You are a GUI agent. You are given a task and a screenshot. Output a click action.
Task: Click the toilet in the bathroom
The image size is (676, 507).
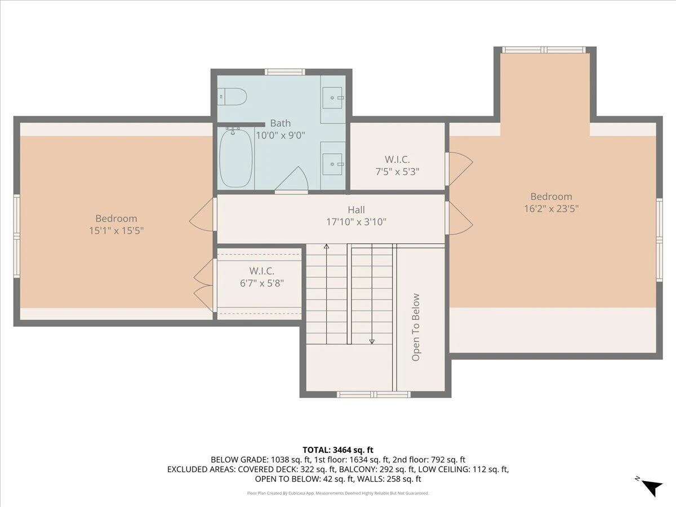coord(232,97)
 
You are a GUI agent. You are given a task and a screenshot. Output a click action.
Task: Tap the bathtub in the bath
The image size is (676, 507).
coord(236,158)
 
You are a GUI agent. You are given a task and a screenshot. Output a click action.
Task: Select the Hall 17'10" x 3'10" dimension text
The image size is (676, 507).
coord(357,216)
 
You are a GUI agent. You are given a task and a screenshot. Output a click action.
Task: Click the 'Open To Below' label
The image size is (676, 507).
coord(416,327)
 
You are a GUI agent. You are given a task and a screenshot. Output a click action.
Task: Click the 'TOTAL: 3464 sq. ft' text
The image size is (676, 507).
coord(338,450)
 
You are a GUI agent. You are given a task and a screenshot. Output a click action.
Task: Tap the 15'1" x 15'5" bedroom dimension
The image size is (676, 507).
coord(117,230)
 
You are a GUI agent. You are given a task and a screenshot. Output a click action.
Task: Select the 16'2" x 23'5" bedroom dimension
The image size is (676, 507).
coord(552,208)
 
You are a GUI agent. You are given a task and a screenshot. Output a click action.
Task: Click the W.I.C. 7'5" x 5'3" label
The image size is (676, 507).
coord(397,166)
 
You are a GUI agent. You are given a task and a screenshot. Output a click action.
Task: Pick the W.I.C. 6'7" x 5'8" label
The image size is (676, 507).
coord(262,277)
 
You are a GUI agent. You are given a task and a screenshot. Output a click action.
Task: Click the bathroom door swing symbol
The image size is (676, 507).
coord(292,180)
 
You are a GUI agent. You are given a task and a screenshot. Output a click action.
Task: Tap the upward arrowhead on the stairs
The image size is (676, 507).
coord(326,246)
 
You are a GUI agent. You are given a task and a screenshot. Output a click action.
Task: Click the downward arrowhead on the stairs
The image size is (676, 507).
coord(372,341)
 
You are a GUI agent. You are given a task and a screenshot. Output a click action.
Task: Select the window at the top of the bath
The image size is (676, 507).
coord(285,72)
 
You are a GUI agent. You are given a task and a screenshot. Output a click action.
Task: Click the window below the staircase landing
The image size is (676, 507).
coord(373,394)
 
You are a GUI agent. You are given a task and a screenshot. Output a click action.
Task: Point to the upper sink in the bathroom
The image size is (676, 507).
coord(332,97)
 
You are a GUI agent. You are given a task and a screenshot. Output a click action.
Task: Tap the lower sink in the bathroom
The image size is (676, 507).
coord(332,164)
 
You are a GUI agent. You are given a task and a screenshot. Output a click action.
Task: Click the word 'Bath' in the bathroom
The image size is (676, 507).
coord(280,123)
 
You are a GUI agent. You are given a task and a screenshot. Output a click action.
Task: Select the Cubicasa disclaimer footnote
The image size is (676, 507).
coord(338,493)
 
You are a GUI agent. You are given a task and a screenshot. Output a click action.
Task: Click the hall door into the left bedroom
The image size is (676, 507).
coord(202,215)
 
